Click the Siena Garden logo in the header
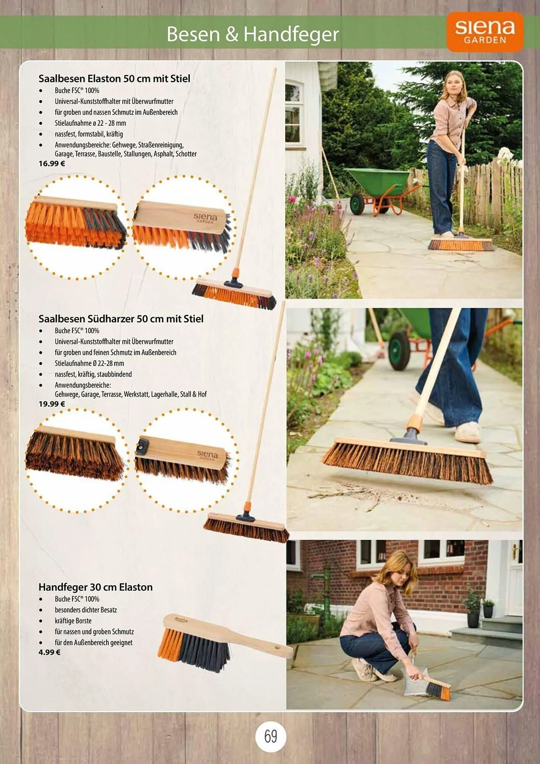485,32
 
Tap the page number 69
270,736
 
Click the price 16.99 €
52,163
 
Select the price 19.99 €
52,404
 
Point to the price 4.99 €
49,652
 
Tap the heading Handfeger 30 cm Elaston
95,587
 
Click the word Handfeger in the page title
291,34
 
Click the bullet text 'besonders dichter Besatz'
86,610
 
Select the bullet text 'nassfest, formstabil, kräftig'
89,134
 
